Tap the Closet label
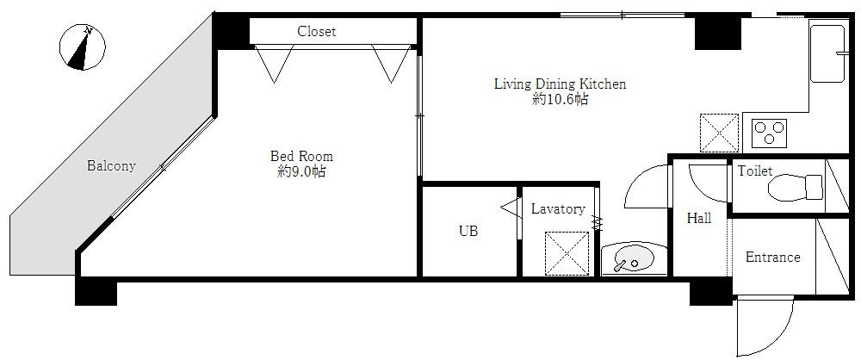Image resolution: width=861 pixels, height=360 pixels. click(317, 32)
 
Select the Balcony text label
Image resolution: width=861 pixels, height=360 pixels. click(111, 166)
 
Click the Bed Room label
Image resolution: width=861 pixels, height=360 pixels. click(301, 156)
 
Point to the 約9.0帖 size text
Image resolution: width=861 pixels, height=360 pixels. click(301, 171)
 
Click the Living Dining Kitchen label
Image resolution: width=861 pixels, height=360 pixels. click(560, 84)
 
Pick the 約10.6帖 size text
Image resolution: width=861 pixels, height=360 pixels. click(560, 100)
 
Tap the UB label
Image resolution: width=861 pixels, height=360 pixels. click(468, 231)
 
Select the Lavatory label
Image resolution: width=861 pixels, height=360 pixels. click(558, 209)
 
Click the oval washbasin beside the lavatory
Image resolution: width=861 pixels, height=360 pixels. click(633, 258)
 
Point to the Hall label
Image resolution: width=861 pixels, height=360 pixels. click(699, 219)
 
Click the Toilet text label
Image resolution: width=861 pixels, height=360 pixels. click(754, 171)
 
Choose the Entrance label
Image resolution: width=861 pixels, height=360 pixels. click(772, 257)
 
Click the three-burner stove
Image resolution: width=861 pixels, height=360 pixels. click(771, 133)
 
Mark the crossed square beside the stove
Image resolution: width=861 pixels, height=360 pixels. click(719, 133)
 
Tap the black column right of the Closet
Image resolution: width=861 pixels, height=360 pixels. click(718, 32)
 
